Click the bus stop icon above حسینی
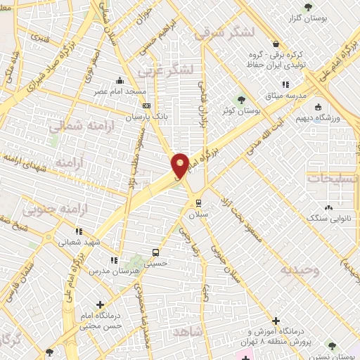coord(155,252)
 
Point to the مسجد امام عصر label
coord(120,91)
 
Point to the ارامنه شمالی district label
coord(76,127)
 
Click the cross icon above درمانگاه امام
coord(100,304)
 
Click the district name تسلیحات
coord(332,179)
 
